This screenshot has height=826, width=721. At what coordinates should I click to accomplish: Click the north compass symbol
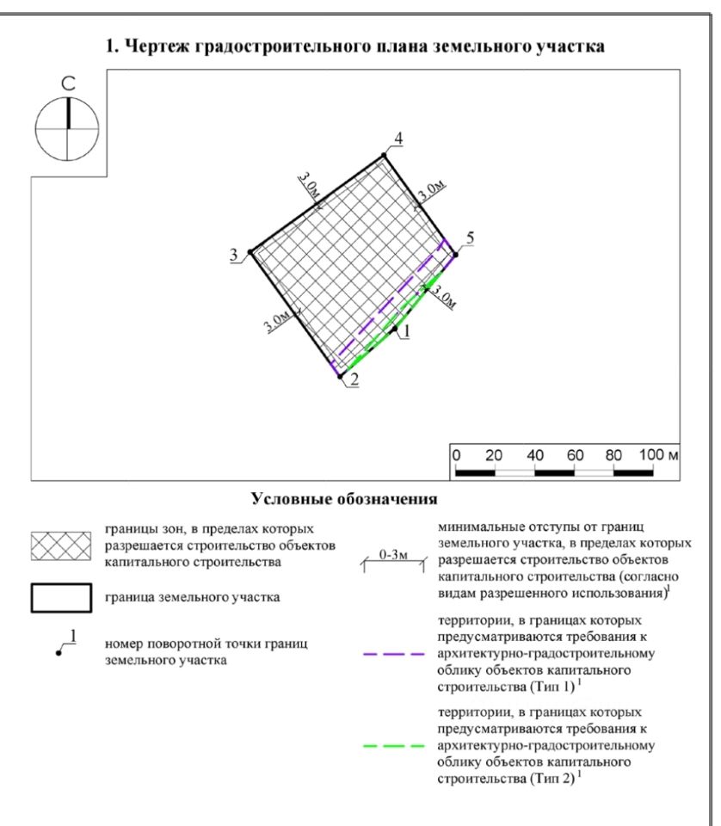[x=66, y=129]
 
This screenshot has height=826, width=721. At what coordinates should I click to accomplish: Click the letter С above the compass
[x=66, y=83]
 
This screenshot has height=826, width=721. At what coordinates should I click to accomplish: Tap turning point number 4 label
[x=398, y=139]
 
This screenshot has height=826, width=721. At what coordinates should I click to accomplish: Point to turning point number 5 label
[x=469, y=237]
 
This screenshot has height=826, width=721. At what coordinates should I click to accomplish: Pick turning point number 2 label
[x=354, y=384]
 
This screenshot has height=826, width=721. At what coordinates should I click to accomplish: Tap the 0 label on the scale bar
[x=457, y=454]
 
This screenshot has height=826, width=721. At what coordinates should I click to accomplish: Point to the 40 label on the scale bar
[x=535, y=454]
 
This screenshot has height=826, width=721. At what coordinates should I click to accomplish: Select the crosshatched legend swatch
[x=61, y=546]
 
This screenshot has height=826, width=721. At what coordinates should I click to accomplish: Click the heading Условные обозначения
[x=344, y=499]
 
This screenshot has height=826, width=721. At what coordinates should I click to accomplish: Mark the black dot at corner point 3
[x=250, y=252]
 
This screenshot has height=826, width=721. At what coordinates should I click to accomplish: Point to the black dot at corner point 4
[x=385, y=155]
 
